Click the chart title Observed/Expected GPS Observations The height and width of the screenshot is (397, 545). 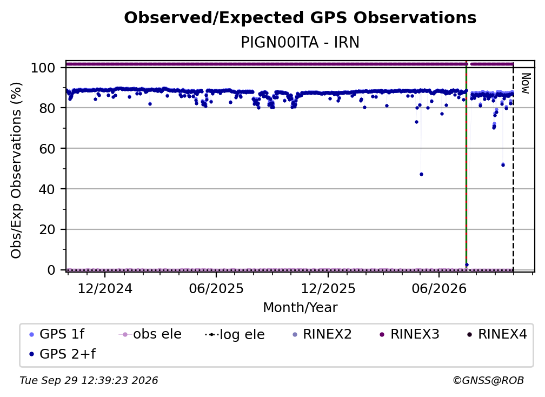pos(300,18)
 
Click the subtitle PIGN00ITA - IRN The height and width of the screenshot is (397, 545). pos(300,42)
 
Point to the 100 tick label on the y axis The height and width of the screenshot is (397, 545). pos(43,68)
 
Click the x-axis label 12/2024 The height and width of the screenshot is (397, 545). pos(105,289)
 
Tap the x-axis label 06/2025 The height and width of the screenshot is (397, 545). pos(216,289)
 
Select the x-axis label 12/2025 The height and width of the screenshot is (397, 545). pos(328,289)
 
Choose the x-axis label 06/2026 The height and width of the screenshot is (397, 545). pos(439,289)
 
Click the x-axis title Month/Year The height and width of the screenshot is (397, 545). pos(300,308)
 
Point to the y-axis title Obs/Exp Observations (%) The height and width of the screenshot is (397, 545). pos(16,170)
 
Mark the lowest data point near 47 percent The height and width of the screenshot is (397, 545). pos(421,174)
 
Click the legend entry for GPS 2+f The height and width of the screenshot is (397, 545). pos(63,354)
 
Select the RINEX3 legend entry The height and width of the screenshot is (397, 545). pos(409,334)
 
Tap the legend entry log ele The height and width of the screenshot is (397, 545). pos(235,334)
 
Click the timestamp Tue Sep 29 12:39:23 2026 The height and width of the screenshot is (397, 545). pos(89,381)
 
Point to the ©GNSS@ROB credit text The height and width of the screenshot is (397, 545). pos(488,381)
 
